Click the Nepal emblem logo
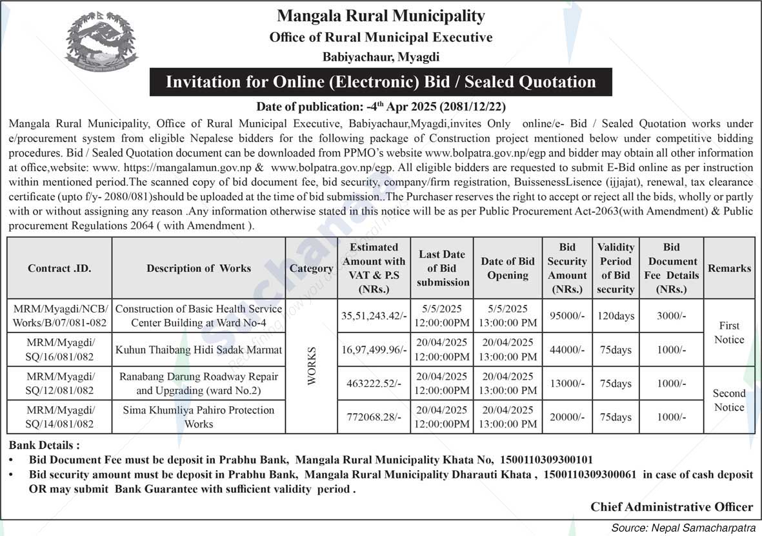click(x=101, y=40)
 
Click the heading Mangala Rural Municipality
click(x=381, y=15)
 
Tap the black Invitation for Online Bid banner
click(x=381, y=82)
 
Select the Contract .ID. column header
click(x=59, y=268)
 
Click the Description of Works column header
click(x=199, y=268)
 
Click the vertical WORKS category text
click(x=312, y=366)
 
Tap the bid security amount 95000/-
click(x=567, y=316)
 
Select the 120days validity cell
click(x=616, y=316)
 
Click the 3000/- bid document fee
click(x=671, y=316)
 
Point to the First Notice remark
click(x=729, y=333)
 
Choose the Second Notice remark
click(x=729, y=400)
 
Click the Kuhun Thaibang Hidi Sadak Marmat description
click(x=199, y=350)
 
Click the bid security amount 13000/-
click(x=567, y=384)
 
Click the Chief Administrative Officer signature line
click(x=672, y=507)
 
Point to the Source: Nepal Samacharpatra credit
click(x=683, y=528)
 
